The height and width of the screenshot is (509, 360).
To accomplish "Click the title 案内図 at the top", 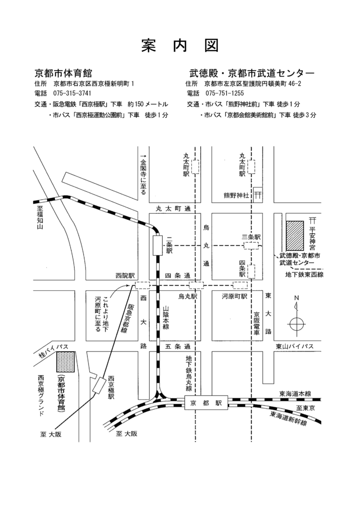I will [180, 45].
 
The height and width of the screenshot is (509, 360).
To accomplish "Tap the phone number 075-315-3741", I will [73, 93].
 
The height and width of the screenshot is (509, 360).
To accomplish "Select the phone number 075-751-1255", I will [224, 93].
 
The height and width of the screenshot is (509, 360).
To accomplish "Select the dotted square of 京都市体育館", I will [66, 362].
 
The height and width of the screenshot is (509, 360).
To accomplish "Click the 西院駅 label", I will [125, 275].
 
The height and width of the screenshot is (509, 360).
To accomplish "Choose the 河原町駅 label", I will [234, 296].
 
